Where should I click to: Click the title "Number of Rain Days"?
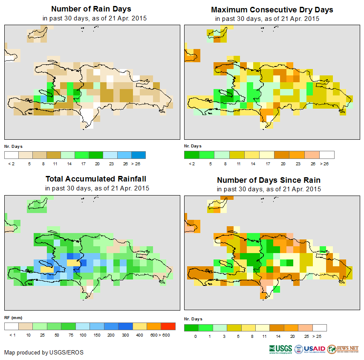tap(91, 9)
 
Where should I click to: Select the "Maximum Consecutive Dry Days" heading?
tap(272, 9)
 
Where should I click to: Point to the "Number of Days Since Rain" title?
tap(269, 180)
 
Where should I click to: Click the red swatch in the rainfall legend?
tap(168, 326)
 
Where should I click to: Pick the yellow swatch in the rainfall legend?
tap(139, 326)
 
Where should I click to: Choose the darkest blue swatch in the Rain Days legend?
tap(139, 155)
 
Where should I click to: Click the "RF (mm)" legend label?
tap(13, 318)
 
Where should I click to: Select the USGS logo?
tap(280, 349)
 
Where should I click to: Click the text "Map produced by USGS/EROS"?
tap(44, 352)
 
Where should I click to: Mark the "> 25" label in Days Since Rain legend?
tap(320, 336)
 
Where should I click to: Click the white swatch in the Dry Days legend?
tap(327, 155)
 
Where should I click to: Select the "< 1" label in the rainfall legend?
tap(12, 335)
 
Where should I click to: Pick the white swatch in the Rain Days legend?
tap(12, 155)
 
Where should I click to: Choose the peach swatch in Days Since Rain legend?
tap(305, 328)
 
